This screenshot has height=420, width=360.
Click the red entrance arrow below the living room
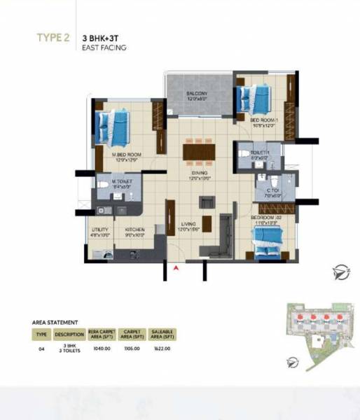tap(176, 267)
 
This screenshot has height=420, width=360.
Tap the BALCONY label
tap(196, 94)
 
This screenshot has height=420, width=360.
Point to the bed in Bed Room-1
tap(255, 99)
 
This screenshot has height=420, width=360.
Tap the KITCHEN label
tap(134, 229)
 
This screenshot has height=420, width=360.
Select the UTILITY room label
tap(99, 229)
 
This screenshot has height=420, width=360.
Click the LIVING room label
tap(186, 224)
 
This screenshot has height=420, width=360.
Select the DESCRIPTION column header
tap(69, 334)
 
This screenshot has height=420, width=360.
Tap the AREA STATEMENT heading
tap(55, 323)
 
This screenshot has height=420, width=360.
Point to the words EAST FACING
tap(104, 48)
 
